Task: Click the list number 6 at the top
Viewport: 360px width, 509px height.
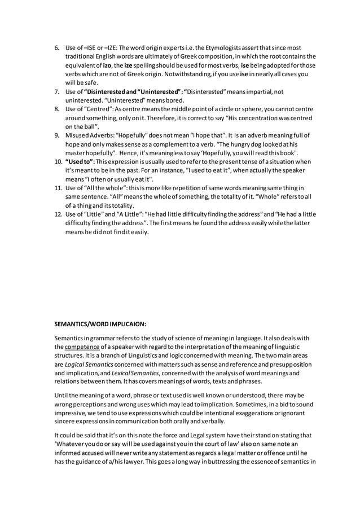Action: (x=56, y=47)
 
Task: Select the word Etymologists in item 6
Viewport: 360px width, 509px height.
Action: (x=217, y=47)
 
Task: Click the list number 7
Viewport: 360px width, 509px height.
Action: (x=56, y=91)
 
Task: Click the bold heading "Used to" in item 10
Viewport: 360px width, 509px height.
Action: (x=79, y=162)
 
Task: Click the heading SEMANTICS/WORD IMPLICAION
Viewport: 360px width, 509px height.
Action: (x=100, y=324)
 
